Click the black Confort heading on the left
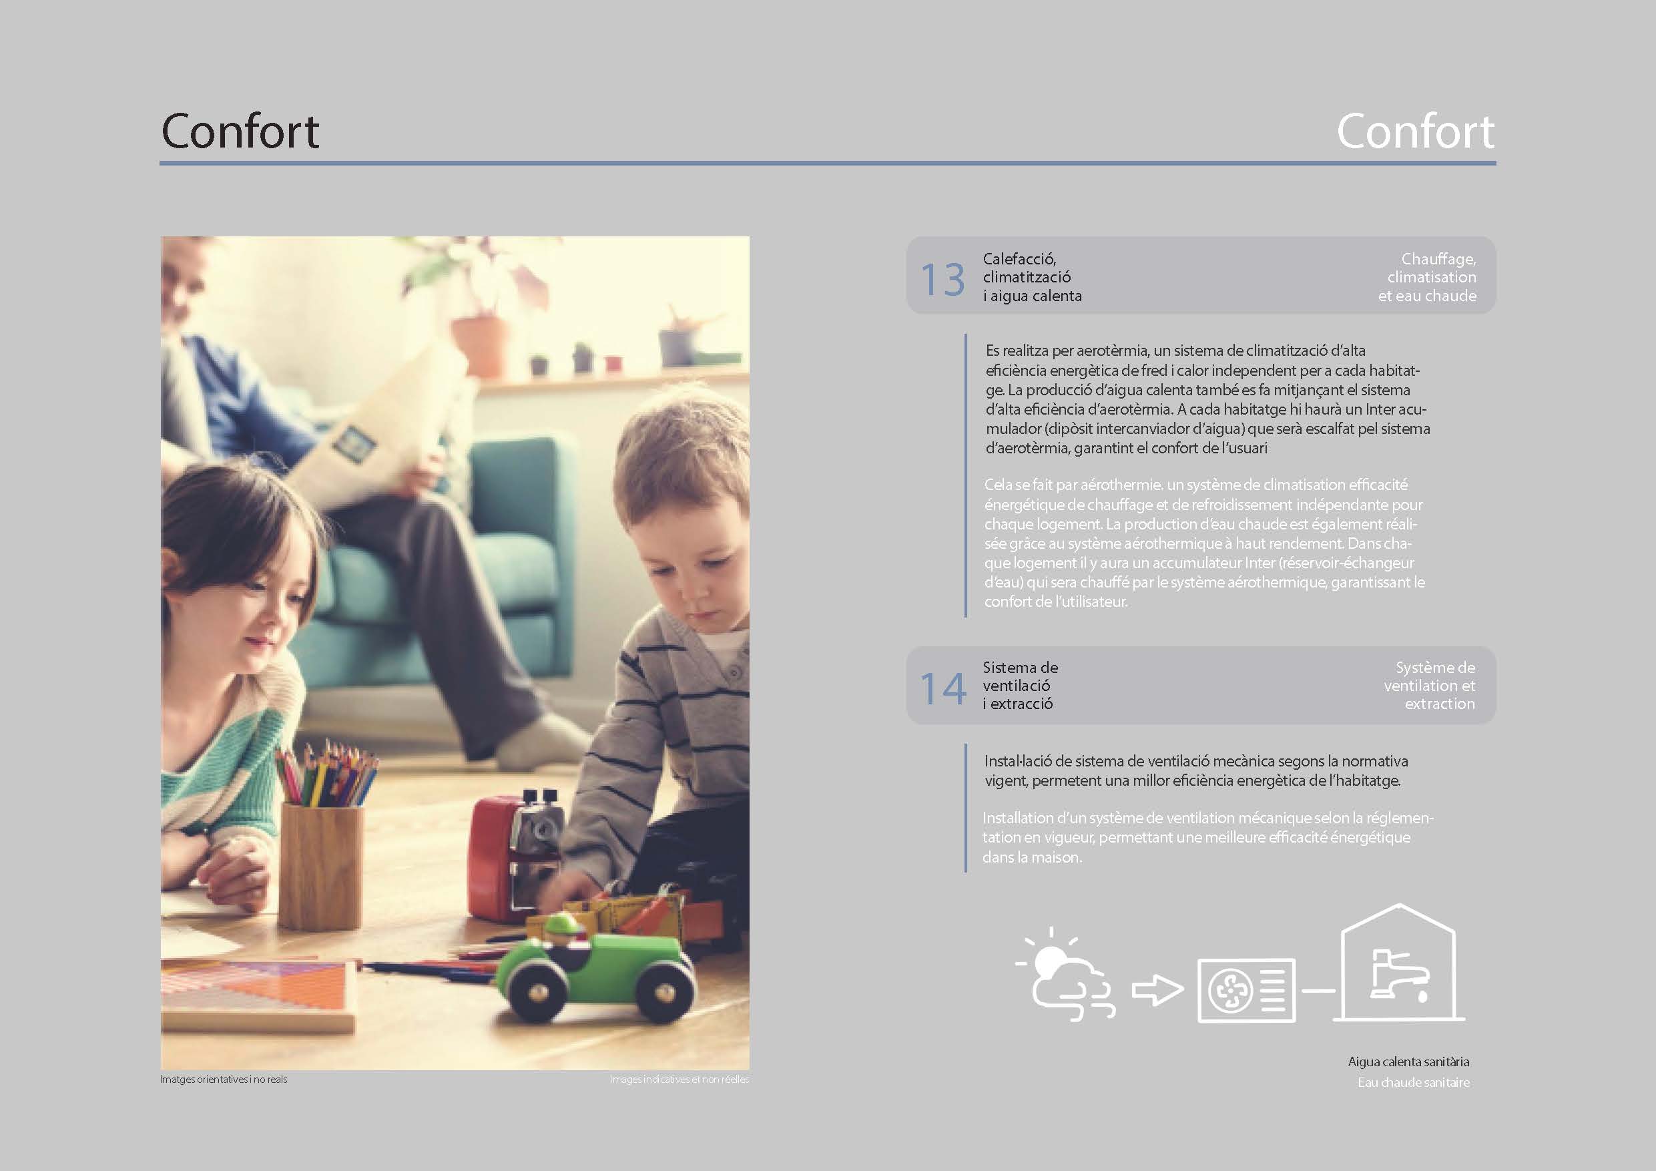[240, 132]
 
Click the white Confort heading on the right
[1415, 132]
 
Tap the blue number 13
[942, 280]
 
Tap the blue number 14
[942, 688]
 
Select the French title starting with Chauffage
[1427, 277]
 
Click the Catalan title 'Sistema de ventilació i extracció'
[1020, 686]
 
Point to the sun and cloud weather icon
[1065, 973]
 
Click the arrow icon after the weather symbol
[1157, 990]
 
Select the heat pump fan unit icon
[1246, 990]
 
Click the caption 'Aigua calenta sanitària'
[1408, 1062]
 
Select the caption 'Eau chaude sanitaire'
[1414, 1082]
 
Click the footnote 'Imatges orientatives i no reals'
[224, 1080]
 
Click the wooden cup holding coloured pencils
[321, 866]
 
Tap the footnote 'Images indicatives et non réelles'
[679, 1080]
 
